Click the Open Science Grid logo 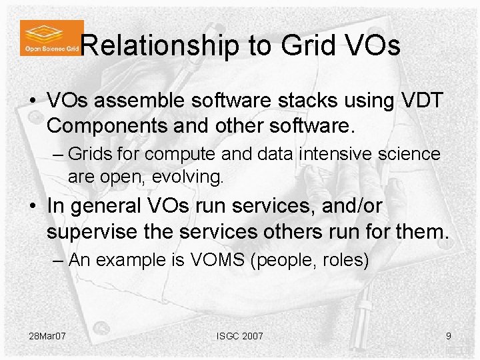click(51, 37)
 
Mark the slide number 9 click(449, 335)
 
